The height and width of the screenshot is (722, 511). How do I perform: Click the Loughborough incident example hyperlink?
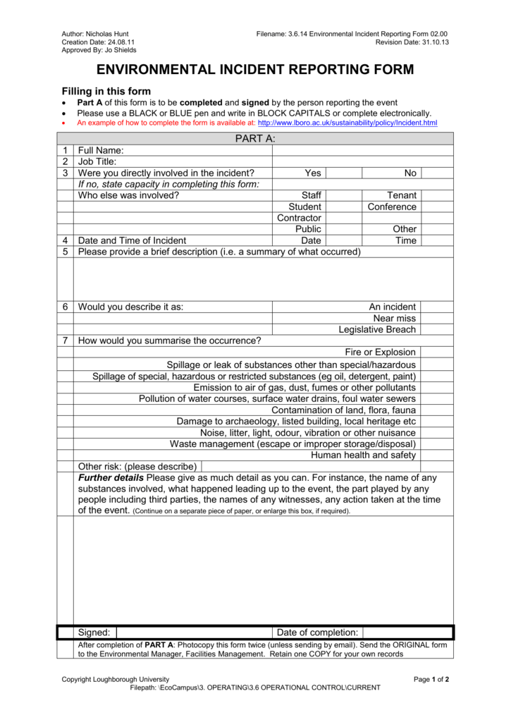[348, 123]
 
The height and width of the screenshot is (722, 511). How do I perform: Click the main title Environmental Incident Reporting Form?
[255, 70]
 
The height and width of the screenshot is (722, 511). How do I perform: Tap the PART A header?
[255, 138]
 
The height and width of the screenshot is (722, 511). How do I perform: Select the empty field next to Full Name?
[362, 150]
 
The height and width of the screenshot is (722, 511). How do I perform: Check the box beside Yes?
[343, 173]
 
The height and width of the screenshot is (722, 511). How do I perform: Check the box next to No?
[437, 173]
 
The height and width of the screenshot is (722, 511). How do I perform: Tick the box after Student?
[343, 207]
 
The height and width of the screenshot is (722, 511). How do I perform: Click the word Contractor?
[299, 218]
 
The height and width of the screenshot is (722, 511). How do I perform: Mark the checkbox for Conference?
[437, 207]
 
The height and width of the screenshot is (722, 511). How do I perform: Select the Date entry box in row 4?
[343, 240]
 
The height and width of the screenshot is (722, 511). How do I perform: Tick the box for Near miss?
[437, 318]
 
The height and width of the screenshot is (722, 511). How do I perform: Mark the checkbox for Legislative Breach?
[437, 329]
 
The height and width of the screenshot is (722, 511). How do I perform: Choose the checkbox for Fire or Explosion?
[437, 352]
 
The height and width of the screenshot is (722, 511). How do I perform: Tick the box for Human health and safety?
[437, 455]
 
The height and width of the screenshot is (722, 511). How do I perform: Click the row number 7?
[65, 341]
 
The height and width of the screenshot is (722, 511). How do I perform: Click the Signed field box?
[194, 632]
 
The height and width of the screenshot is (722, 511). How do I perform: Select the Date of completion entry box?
[409, 632]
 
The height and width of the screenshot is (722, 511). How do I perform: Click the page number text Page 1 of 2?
[431, 679]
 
